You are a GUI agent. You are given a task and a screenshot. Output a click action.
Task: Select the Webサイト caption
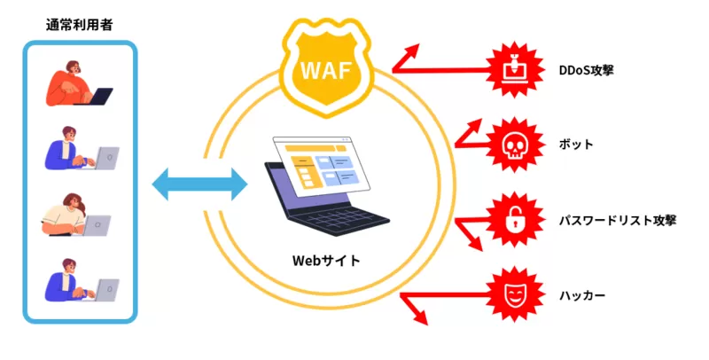327,261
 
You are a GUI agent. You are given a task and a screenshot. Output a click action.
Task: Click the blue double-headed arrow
199,185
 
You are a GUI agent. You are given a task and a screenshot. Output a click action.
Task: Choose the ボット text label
576,144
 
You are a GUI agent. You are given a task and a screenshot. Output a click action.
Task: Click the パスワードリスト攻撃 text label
619,219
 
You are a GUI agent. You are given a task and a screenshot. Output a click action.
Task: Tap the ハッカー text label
583,293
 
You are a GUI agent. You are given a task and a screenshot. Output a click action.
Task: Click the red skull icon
515,144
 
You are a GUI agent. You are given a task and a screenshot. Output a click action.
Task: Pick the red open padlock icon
515,219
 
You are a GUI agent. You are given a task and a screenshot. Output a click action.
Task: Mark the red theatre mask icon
515,293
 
